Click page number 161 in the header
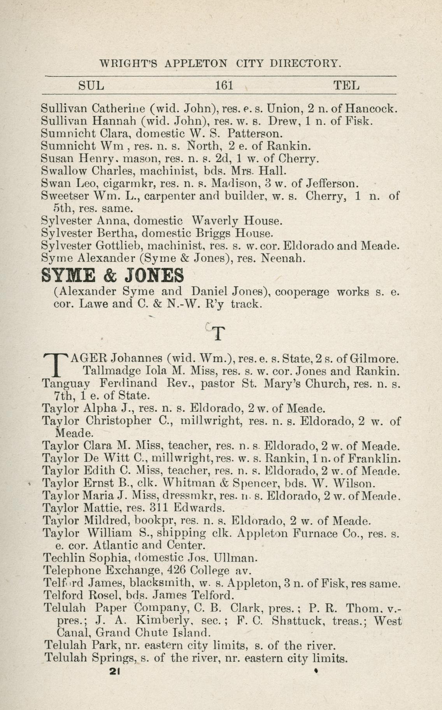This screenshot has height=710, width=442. [224, 85]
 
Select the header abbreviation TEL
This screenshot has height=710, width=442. [346, 85]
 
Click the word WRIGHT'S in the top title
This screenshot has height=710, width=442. [129, 63]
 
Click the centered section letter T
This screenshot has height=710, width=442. [219, 334]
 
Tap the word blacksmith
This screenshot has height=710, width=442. [161, 583]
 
